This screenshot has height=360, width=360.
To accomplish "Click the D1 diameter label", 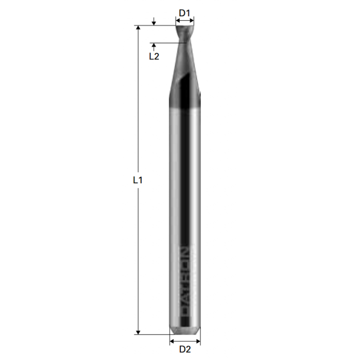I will point(184,13).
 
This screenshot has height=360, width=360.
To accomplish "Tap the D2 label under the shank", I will point(185,349).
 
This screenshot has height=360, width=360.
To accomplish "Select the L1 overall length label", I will point(137,180).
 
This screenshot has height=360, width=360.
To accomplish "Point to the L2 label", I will point(154,57).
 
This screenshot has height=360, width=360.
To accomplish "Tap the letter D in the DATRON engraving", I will point(185,309).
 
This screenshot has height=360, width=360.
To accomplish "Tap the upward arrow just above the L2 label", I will point(154,46).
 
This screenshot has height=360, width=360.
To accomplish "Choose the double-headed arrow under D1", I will point(185,22).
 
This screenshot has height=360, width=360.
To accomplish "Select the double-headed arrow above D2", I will point(185,341).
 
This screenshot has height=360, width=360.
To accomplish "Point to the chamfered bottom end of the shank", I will point(185,330).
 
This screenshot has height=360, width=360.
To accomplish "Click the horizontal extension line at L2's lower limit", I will point(169,43).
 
